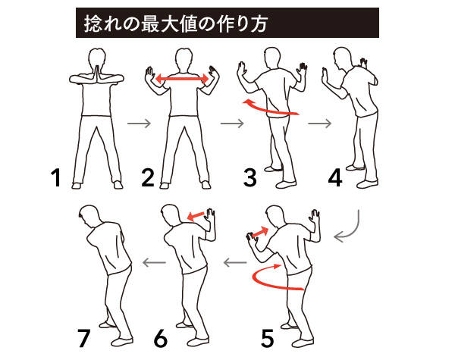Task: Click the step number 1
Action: tap(56, 178)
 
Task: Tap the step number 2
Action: tap(148, 178)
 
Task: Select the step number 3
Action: tap(249, 178)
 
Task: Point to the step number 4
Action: tap(335, 178)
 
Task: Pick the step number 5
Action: tap(268, 338)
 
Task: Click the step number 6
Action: tap(161, 338)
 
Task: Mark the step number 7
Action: tap(84, 338)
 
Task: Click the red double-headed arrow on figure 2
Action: tap(182, 79)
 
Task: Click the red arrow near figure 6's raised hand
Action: tap(196, 216)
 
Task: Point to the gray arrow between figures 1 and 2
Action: tap(140, 124)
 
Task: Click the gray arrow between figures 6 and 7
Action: tap(154, 263)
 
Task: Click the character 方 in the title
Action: tap(258, 23)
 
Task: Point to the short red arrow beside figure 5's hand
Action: tap(260, 233)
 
